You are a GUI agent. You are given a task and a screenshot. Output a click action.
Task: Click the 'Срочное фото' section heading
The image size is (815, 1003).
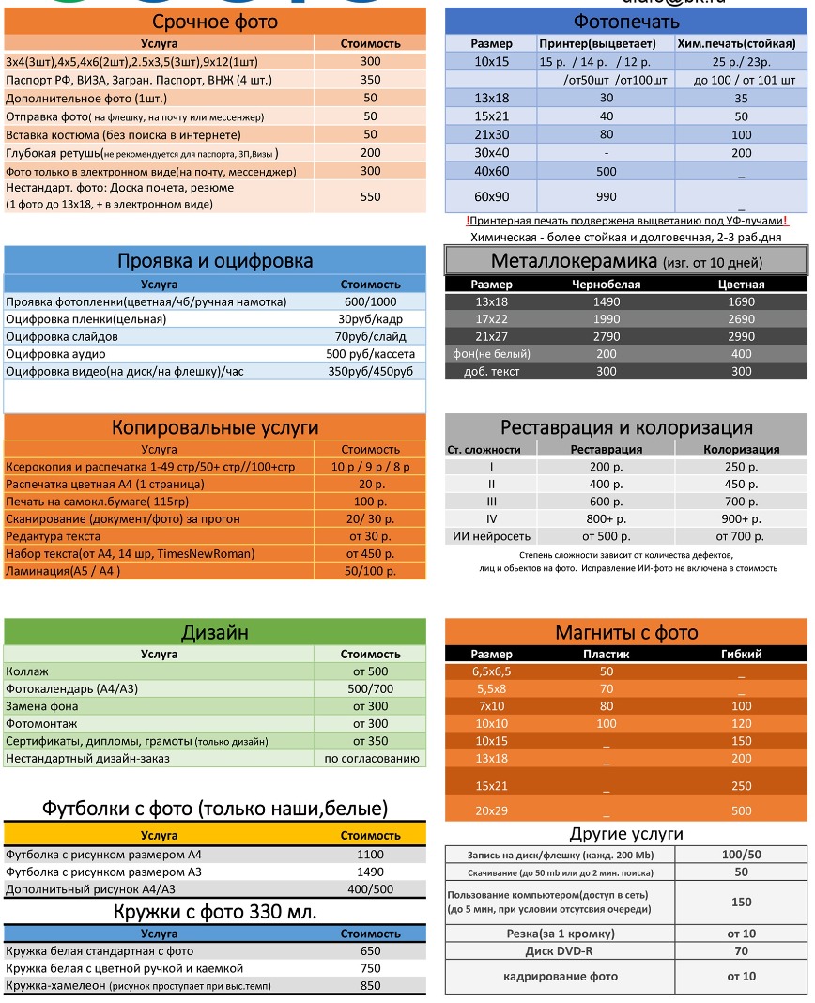pos(215,23)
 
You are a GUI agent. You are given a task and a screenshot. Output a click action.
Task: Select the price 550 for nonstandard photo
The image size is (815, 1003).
pos(370,196)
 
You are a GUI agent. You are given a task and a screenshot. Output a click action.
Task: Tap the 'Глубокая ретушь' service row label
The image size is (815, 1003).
pos(142,152)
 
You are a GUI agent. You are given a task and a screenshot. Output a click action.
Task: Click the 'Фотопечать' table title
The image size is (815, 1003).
pos(625,22)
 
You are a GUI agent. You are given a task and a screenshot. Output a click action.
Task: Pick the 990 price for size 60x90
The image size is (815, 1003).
pos(606,196)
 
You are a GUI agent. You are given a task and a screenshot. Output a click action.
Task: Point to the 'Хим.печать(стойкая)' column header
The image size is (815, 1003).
pos(740,43)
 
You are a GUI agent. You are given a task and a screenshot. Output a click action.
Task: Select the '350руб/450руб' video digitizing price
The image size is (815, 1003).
pos(370,372)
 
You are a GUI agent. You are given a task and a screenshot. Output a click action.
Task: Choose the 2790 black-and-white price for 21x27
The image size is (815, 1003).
pos(606,336)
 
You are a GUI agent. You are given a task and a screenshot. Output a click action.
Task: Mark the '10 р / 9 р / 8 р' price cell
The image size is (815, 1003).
pos(370,467)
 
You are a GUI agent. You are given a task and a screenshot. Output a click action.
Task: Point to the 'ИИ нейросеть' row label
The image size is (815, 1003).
pos(492,536)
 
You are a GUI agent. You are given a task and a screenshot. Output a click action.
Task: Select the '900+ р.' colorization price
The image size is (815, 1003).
pos(741,518)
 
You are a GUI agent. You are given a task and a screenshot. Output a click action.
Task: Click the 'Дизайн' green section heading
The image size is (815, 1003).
pos(215,632)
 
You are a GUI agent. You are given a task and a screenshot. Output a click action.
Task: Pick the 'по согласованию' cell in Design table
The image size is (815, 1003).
pos(370,759)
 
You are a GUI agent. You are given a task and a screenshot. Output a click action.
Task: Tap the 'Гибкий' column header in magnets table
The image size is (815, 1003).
pos(741,654)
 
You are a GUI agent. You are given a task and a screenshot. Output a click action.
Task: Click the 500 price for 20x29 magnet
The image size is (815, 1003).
pos(741,810)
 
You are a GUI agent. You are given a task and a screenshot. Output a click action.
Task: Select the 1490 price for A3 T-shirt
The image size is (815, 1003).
pos(370,872)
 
